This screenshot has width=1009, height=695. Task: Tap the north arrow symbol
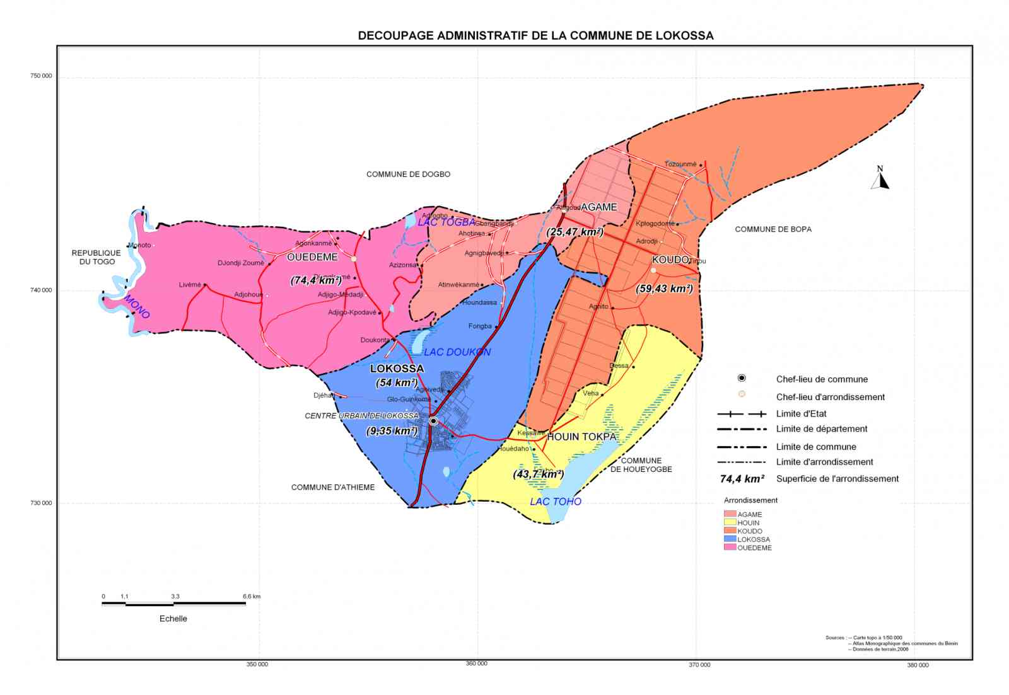click(x=880, y=180)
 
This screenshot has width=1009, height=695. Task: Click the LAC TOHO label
click(x=555, y=502)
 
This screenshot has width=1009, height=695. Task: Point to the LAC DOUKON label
click(x=457, y=352)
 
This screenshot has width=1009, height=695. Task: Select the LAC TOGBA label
click(x=446, y=222)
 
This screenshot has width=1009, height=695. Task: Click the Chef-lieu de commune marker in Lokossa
click(x=433, y=421)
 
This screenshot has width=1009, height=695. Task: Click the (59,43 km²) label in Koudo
click(x=664, y=289)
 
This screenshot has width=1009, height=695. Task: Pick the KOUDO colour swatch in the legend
click(x=730, y=531)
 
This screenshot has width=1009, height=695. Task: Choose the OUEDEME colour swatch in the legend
click(x=730, y=548)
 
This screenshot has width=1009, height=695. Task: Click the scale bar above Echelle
click(x=173, y=604)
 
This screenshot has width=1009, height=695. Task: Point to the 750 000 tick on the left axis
click(x=41, y=76)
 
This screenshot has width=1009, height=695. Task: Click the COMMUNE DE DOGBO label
click(x=408, y=174)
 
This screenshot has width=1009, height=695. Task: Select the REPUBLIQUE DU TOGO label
click(x=96, y=257)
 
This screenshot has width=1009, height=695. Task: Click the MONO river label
click(x=137, y=307)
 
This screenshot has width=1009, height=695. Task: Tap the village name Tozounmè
click(x=680, y=164)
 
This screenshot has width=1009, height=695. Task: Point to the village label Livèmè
click(x=190, y=285)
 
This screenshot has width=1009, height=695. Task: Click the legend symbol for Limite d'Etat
click(x=742, y=414)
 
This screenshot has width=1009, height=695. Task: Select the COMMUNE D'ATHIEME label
click(x=332, y=487)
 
